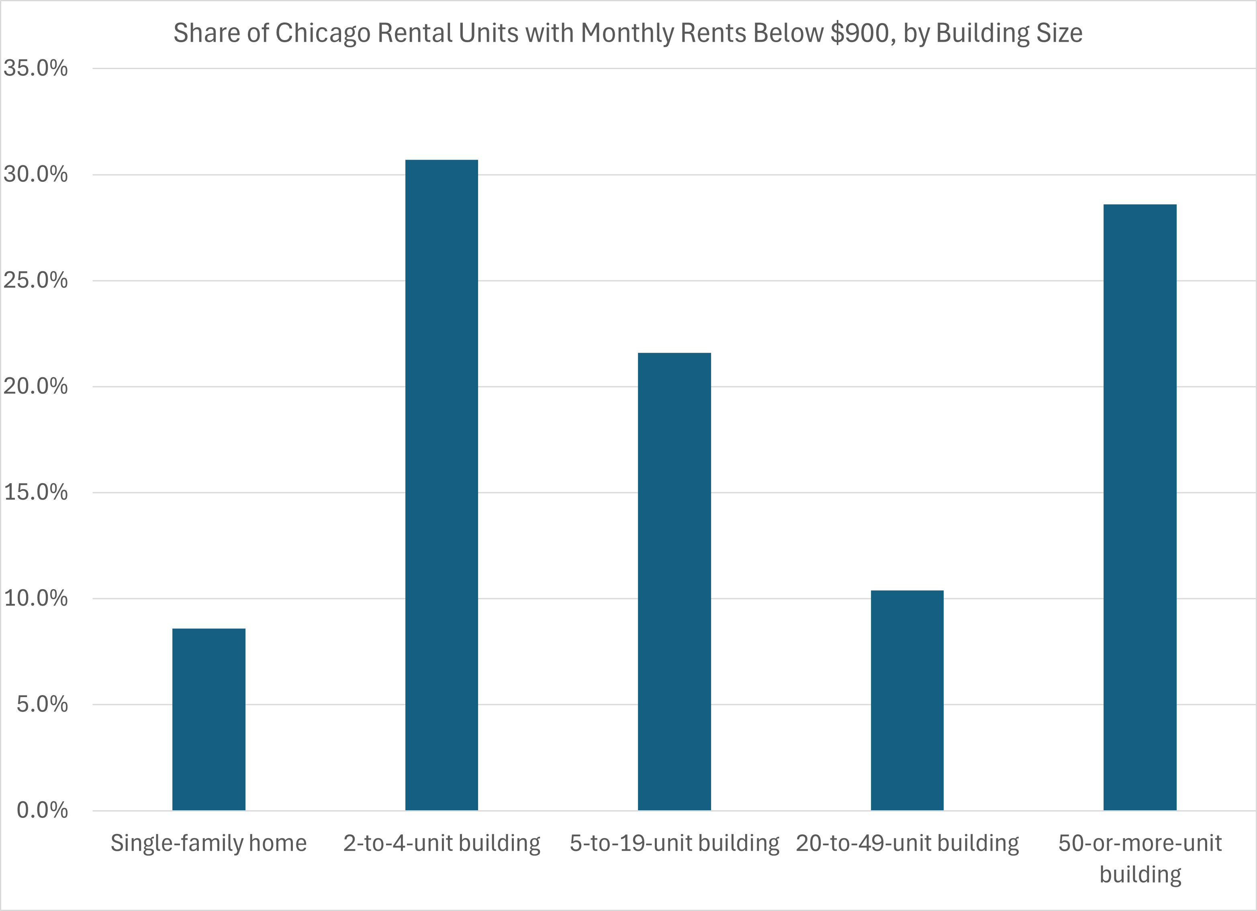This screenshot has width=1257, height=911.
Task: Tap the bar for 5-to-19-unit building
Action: [x=674, y=581]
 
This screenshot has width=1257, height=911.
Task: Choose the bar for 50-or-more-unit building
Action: [x=1140, y=507]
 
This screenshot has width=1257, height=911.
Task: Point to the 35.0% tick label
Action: [x=35, y=68]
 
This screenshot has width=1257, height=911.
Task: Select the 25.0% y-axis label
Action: [x=35, y=280]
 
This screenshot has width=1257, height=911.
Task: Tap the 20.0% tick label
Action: [x=35, y=386]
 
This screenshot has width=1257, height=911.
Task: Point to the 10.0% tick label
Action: [x=35, y=598]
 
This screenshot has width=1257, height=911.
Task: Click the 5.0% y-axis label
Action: [x=42, y=704]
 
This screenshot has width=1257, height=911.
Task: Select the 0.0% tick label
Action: [x=42, y=810]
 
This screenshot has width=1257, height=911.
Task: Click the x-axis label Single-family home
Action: [x=208, y=844]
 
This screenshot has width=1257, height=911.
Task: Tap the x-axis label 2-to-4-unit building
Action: [x=442, y=844]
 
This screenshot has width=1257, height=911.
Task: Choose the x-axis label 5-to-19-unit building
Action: [x=674, y=844]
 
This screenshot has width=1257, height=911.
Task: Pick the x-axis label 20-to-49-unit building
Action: [x=907, y=844]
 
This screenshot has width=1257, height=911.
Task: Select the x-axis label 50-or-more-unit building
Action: [x=1140, y=858]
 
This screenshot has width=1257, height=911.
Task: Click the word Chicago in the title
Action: [x=323, y=33]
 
